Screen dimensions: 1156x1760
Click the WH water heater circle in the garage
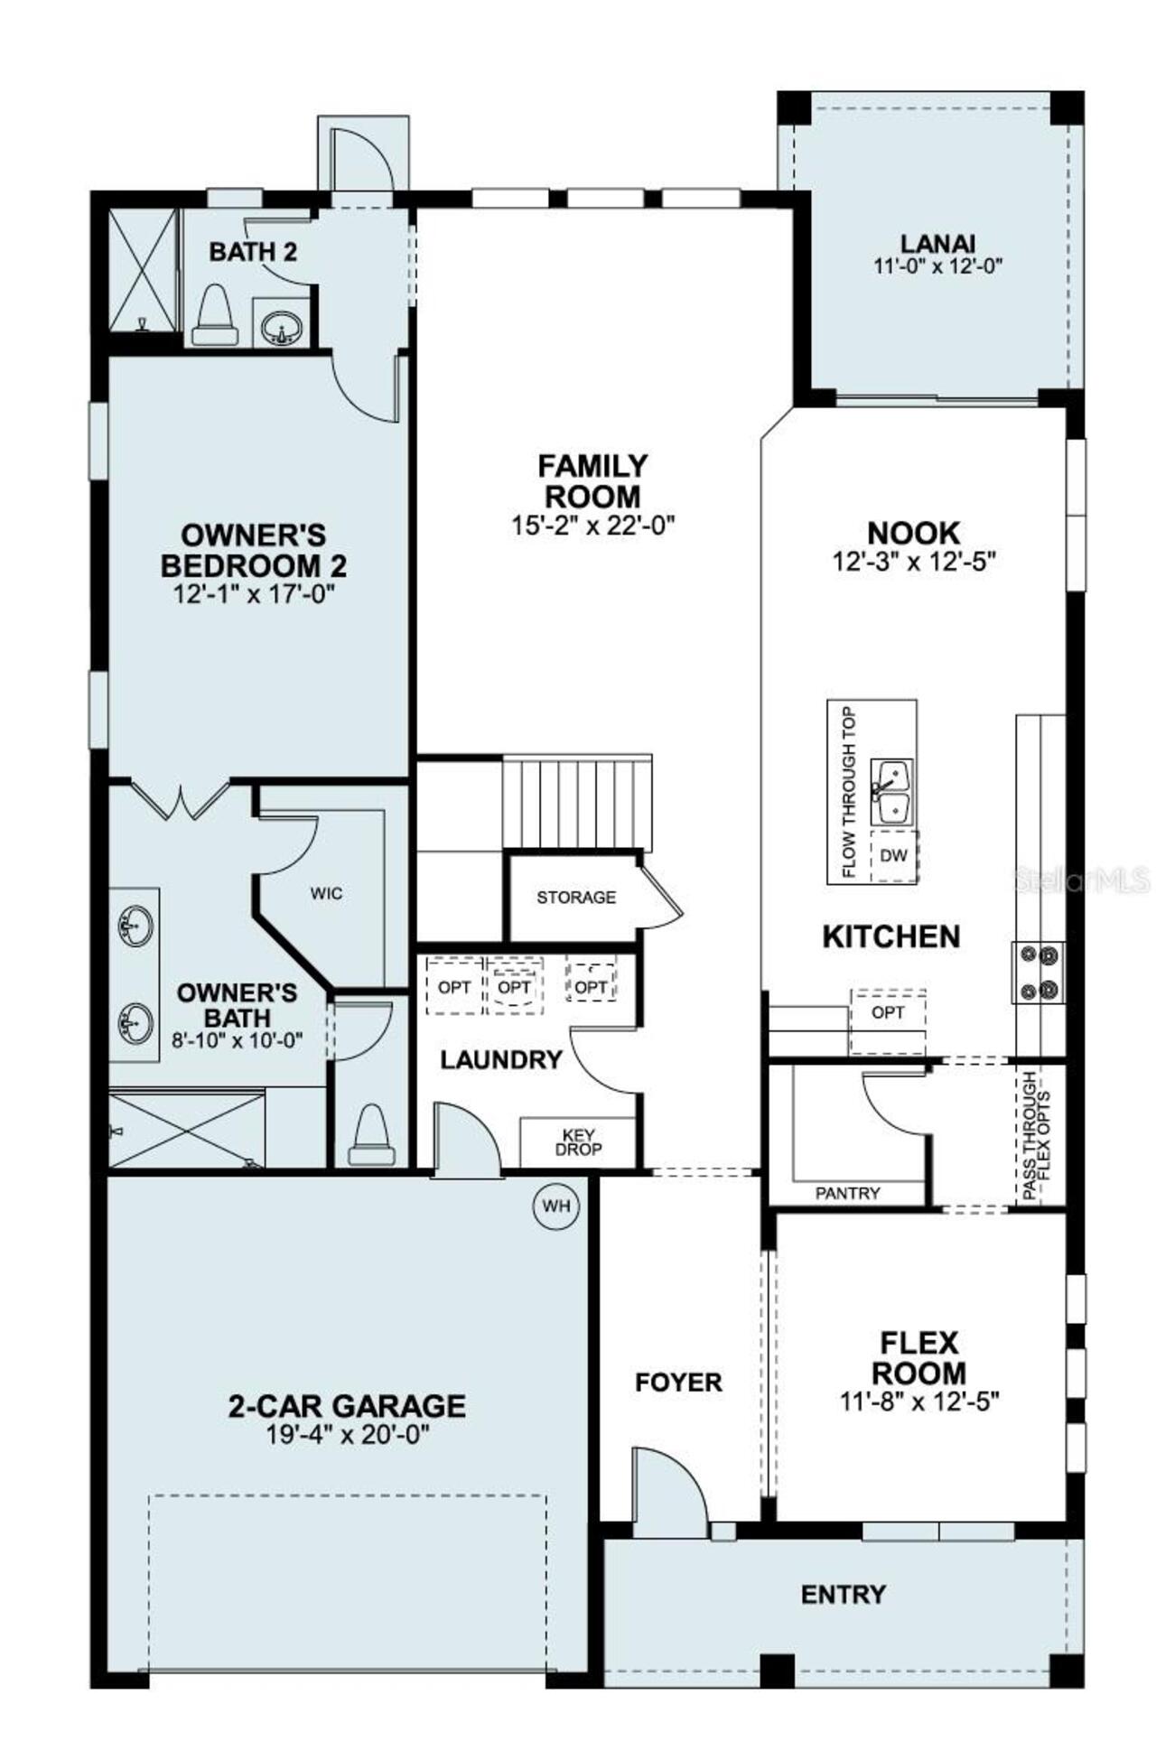click(556, 1206)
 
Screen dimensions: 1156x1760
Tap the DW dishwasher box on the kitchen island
click(893, 855)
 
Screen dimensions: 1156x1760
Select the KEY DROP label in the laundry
click(579, 1142)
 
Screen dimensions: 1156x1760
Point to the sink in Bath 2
click(282, 324)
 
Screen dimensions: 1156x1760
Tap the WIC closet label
click(326, 893)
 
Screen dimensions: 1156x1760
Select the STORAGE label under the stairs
click(576, 897)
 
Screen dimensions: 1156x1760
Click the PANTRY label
click(847, 1193)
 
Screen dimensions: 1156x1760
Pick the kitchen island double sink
click(891, 791)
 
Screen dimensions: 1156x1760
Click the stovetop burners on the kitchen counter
click(1039, 972)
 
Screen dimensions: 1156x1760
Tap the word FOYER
click(678, 1383)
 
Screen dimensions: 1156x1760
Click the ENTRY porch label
click(844, 1595)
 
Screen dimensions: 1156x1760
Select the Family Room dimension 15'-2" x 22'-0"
click(593, 526)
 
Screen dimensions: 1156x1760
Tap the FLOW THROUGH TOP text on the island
click(848, 792)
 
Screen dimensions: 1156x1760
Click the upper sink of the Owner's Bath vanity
click(134, 927)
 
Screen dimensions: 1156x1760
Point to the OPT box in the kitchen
click(888, 1013)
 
